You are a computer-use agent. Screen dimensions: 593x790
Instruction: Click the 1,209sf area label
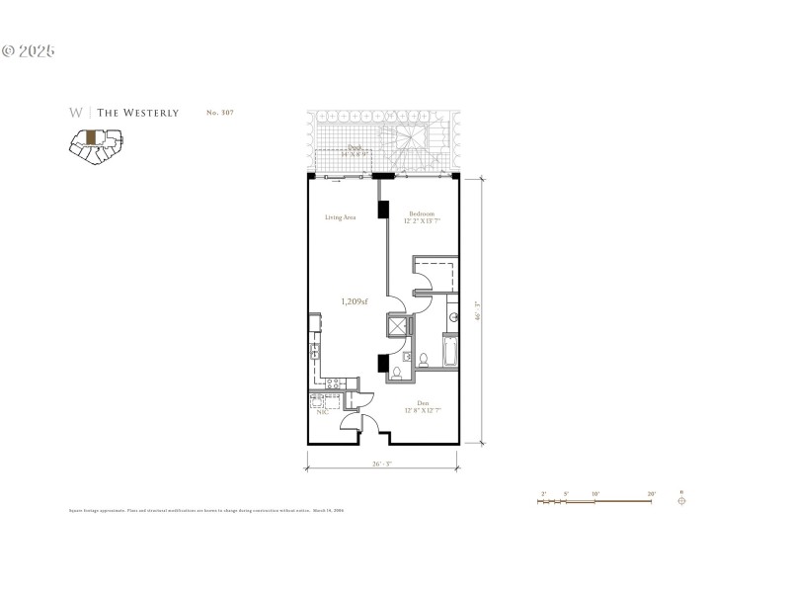click(355, 301)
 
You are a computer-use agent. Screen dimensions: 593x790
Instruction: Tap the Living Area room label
click(341, 216)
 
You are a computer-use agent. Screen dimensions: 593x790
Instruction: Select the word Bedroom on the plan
click(423, 212)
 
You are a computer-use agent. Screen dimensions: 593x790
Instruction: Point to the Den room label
click(423, 401)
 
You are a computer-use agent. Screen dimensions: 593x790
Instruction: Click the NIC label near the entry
click(321, 413)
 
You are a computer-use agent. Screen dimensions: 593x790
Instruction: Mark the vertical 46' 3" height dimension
click(477, 310)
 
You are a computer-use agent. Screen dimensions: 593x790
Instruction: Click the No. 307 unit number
click(219, 113)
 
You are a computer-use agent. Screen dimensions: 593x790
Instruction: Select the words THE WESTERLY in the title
click(137, 113)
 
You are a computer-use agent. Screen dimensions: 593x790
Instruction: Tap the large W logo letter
click(75, 113)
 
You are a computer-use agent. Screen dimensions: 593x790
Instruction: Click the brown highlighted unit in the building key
click(91, 137)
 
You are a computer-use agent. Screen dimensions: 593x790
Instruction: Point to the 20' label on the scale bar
click(651, 492)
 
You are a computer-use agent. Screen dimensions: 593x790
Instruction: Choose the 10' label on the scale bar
click(594, 492)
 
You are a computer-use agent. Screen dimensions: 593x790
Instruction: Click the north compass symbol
click(681, 500)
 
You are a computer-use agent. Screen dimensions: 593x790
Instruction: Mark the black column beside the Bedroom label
click(382, 212)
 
